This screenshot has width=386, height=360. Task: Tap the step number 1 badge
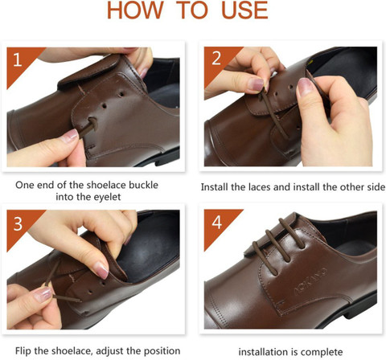tap(18, 59)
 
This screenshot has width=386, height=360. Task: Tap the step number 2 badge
tap(215, 59)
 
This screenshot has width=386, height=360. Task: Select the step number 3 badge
tap(18, 223)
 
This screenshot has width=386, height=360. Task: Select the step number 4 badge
tap(215, 223)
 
